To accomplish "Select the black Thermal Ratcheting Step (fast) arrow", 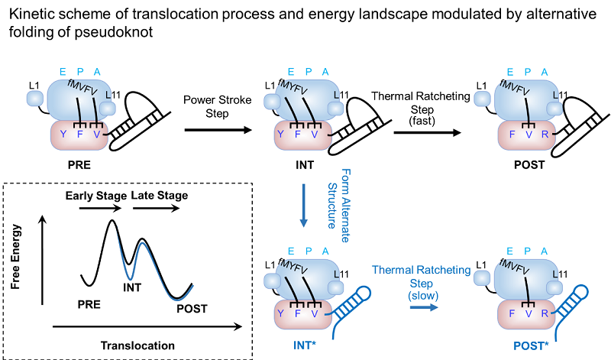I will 427,132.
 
